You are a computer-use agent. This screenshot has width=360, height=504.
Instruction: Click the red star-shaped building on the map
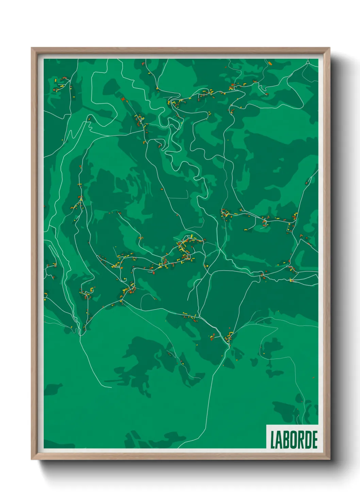point(123,99)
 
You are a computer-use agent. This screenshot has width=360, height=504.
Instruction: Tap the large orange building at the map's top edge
point(270,63)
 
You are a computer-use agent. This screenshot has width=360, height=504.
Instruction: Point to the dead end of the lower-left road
point(111,387)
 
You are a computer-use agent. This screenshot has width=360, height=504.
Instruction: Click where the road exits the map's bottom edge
point(178,448)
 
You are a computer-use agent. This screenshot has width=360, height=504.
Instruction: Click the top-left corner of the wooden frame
point(32,48)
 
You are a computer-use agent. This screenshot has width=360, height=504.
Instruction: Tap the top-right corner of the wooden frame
point(329,48)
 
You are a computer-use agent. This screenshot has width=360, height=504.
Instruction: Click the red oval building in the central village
point(153,272)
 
